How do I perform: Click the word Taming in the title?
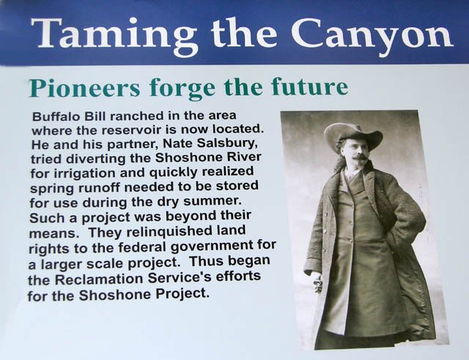114,36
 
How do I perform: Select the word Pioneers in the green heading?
85,88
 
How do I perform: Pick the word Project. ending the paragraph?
182,293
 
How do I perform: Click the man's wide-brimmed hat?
353,136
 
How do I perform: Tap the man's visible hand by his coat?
317,283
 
